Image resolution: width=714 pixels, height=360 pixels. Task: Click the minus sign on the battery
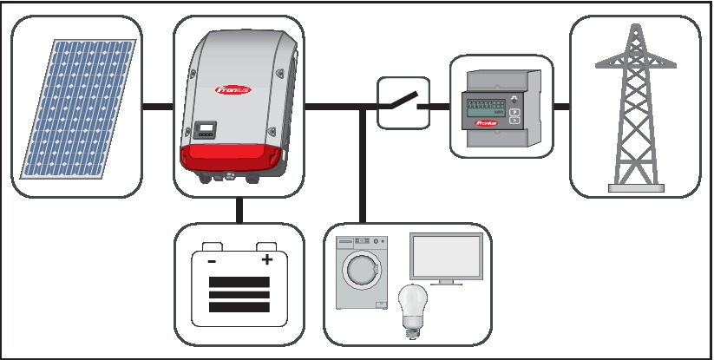(211, 261)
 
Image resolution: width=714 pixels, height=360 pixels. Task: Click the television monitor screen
(446, 258)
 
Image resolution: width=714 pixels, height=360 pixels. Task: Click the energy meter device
(500, 109)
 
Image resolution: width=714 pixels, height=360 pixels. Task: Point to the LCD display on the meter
(485, 108)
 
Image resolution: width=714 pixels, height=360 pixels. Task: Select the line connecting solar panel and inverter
(157, 108)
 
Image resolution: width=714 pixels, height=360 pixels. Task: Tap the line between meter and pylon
(560, 108)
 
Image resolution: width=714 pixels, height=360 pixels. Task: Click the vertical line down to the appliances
(361, 173)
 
